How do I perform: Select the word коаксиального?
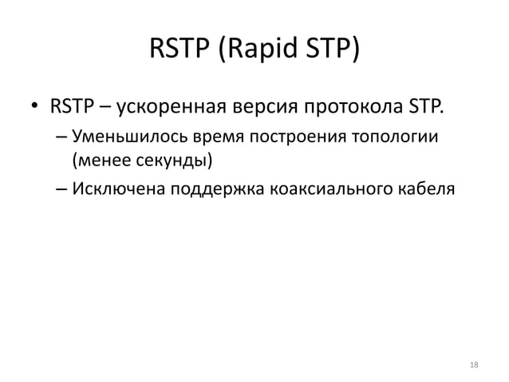point(319,189)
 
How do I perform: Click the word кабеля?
point(420,189)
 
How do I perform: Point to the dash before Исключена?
point(61,189)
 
